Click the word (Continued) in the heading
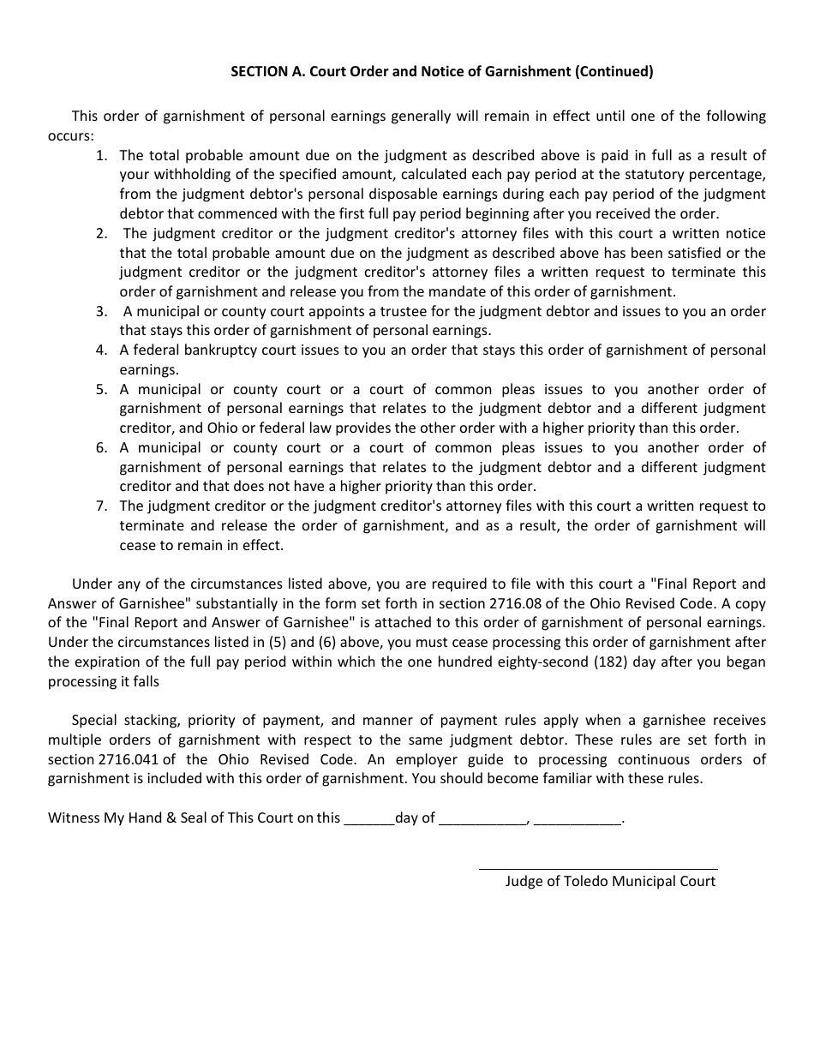pyautogui.click(x=613, y=72)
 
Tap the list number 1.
pyautogui.click(x=102, y=155)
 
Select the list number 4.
pyautogui.click(x=102, y=350)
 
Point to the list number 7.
pyautogui.click(x=102, y=506)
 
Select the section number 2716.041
pyautogui.click(x=137, y=759)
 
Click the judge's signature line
pyautogui.click(x=597, y=868)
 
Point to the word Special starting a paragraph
pyautogui.click(x=95, y=720)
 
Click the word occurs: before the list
pyautogui.click(x=70, y=135)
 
